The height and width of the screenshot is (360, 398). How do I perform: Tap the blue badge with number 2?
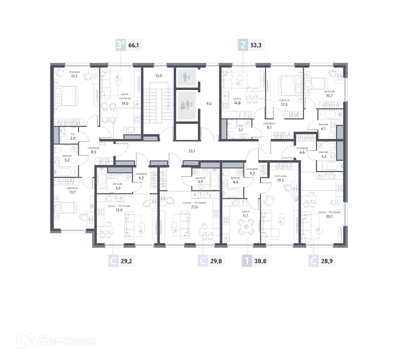coord(243,45)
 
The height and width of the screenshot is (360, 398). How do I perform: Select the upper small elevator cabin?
coord(186,77)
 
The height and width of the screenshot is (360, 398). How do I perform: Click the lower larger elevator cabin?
coord(186,104)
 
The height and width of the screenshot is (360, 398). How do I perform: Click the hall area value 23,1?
coord(192,151)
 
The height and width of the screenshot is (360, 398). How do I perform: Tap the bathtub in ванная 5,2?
coord(66,171)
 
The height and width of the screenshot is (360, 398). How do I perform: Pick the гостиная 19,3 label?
coord(280,178)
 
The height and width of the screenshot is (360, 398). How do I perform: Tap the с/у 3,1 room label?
coord(241,128)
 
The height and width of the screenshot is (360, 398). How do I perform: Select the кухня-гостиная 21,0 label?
coord(194,205)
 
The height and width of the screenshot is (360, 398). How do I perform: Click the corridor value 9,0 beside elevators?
coord(208,103)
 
